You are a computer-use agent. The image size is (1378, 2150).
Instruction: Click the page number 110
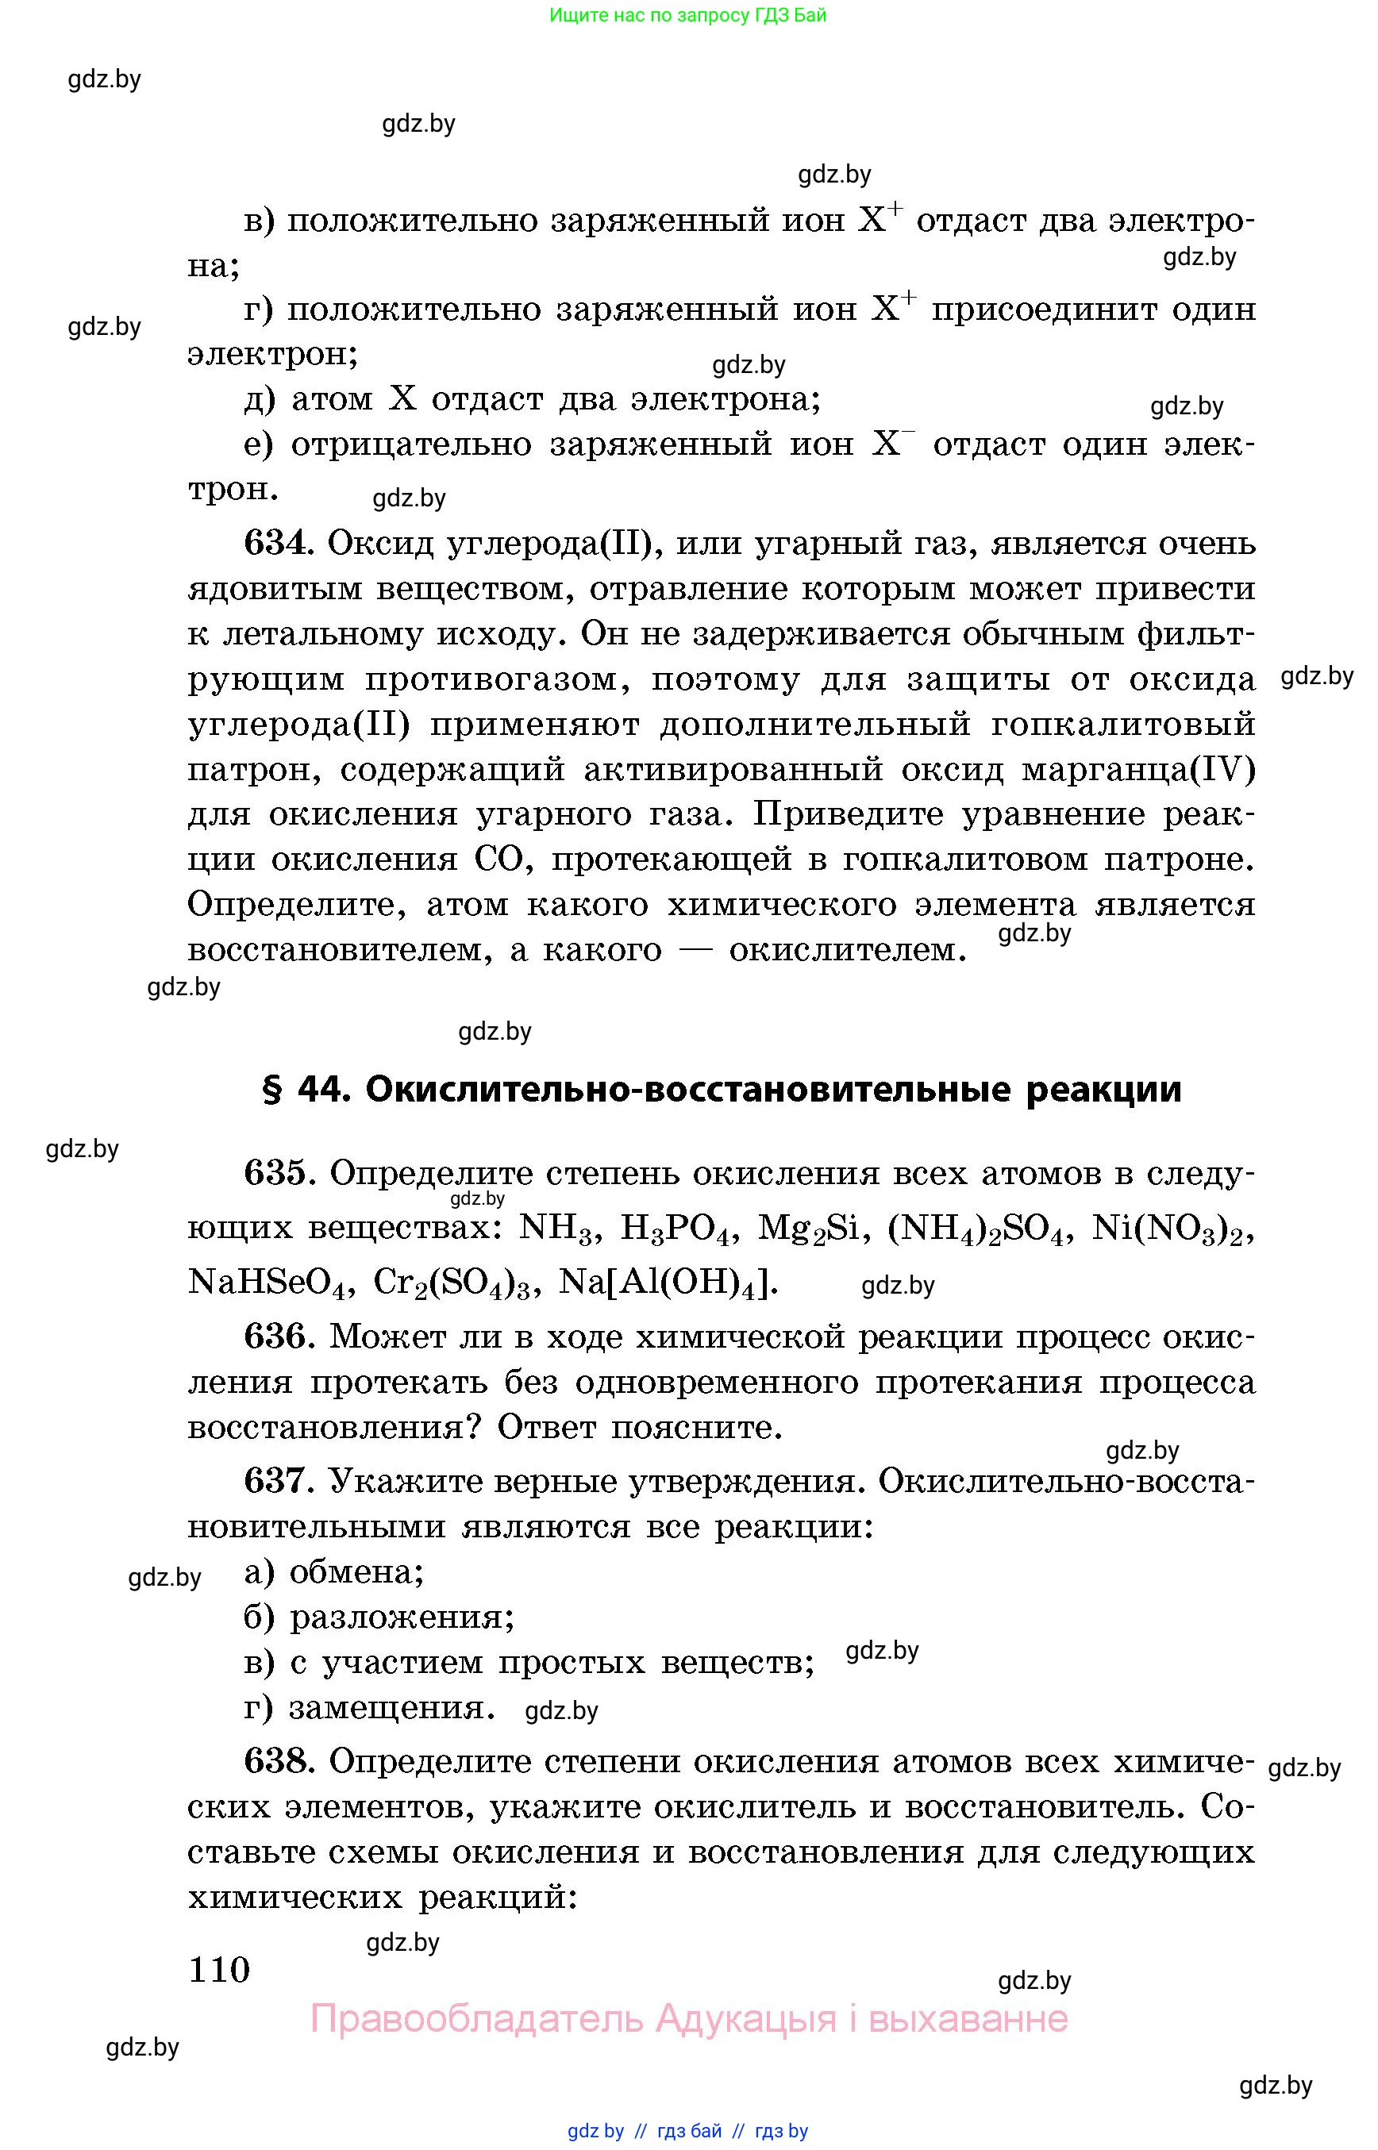click(x=219, y=1968)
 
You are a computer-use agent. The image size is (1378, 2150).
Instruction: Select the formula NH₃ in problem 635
click(x=556, y=1229)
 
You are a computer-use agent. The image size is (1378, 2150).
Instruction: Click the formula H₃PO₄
click(x=677, y=1229)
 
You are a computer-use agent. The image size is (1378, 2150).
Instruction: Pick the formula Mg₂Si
click(x=814, y=1229)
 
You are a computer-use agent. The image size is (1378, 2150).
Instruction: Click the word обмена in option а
click(x=356, y=1572)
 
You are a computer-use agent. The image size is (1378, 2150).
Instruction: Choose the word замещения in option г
click(x=392, y=1707)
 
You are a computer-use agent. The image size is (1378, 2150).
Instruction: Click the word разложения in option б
click(x=402, y=1617)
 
